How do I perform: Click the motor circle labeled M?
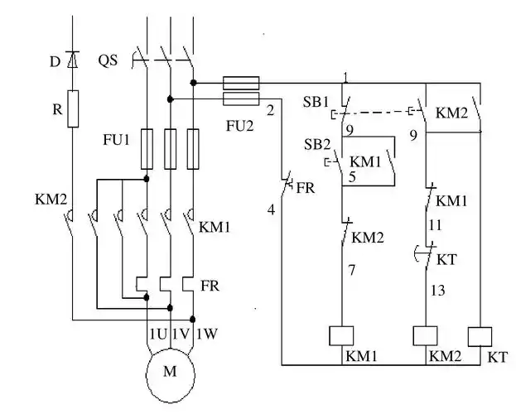pyautogui.click(x=170, y=372)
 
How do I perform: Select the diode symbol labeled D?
pyautogui.click(x=71, y=60)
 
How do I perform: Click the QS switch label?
pyautogui.click(x=108, y=60)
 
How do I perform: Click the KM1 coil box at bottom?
pyautogui.click(x=343, y=335)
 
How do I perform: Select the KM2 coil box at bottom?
pyautogui.click(x=426, y=335)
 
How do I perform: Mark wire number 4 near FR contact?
pyautogui.click(x=270, y=210)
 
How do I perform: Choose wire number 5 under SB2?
pyautogui.click(x=352, y=176)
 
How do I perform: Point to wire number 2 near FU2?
pyautogui.click(x=270, y=109)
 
